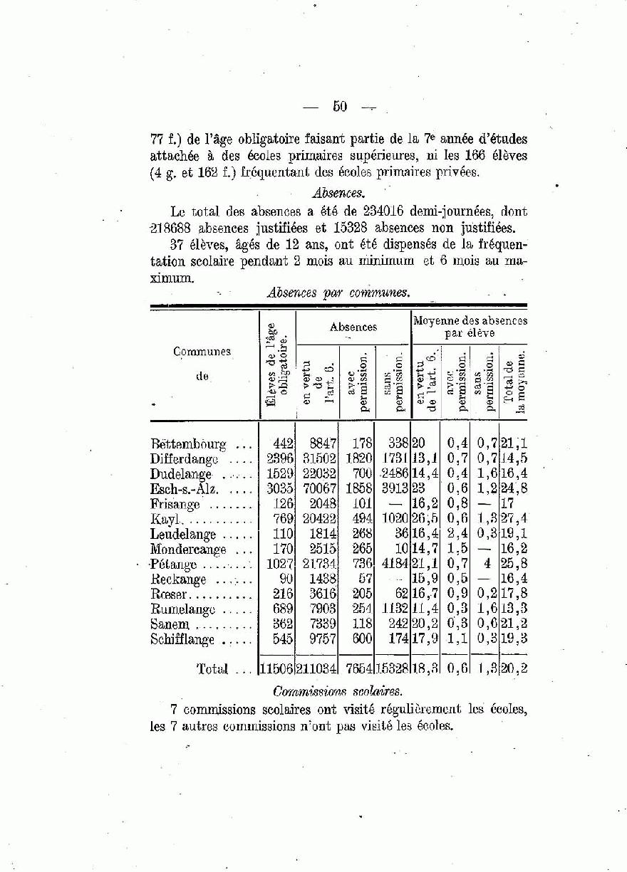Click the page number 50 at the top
coord(339,107)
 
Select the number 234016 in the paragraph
coord(386,211)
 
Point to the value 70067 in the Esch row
coord(317,489)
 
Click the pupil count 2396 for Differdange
coord(279,459)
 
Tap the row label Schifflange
coord(182,639)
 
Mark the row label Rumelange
coord(184,609)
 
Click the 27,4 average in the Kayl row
coord(513,520)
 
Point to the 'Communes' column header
coord(202,352)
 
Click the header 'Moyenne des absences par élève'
coord(470,327)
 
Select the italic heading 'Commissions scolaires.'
coord(337,691)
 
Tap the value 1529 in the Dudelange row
coord(279,474)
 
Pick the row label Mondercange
coord(188,550)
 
